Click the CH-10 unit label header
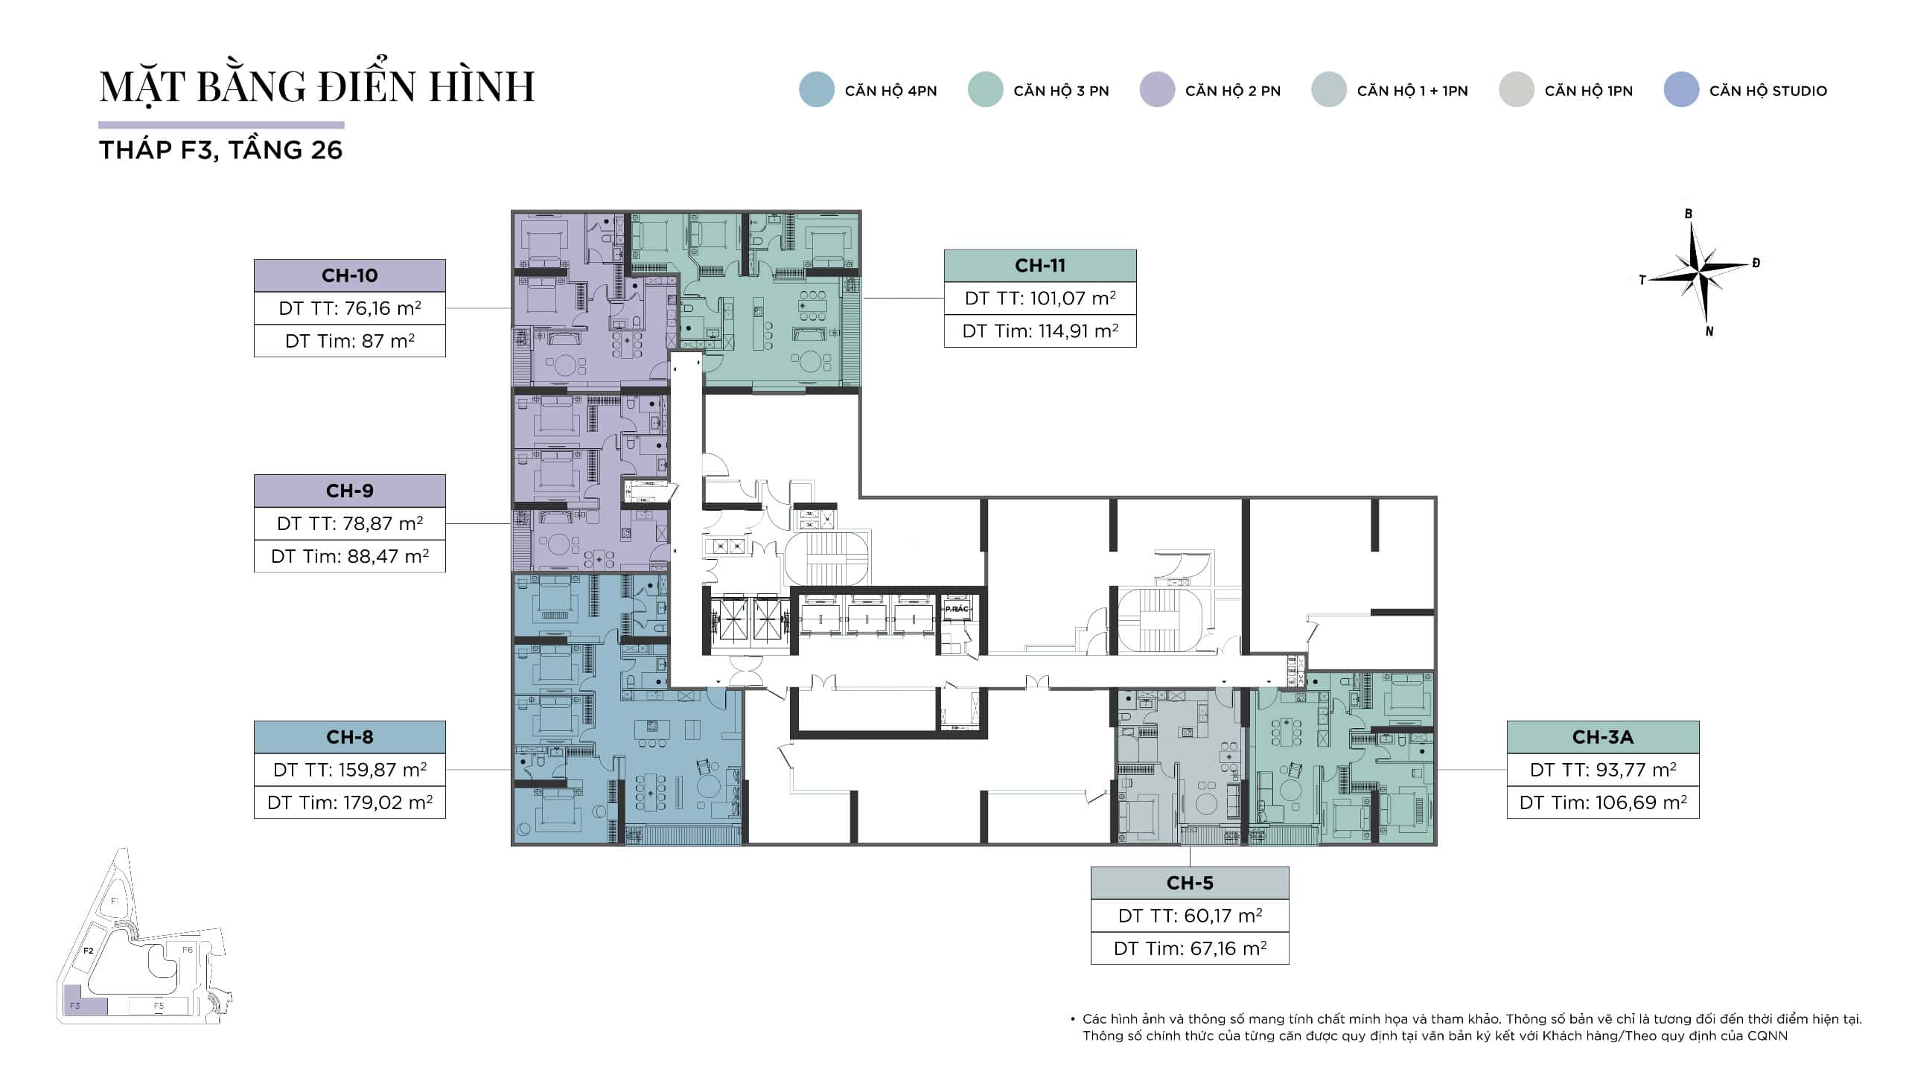coord(350,275)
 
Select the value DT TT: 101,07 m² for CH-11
coord(1040,299)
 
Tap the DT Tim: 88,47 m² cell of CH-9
coord(350,556)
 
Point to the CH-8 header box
coord(350,737)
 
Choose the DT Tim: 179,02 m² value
coord(350,803)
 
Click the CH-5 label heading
coord(1190,883)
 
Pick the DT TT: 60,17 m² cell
coord(1190,916)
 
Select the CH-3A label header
coord(1603,737)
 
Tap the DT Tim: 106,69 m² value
coord(1603,803)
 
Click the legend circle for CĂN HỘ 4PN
coord(817,90)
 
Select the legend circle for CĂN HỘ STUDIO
coord(1681,90)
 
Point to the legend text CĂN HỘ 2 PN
coord(1233,91)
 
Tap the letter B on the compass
coord(1689,214)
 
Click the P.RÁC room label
coord(957,609)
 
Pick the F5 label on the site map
coord(159,1006)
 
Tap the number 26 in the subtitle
coord(327,150)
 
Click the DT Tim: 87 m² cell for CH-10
coord(350,341)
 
